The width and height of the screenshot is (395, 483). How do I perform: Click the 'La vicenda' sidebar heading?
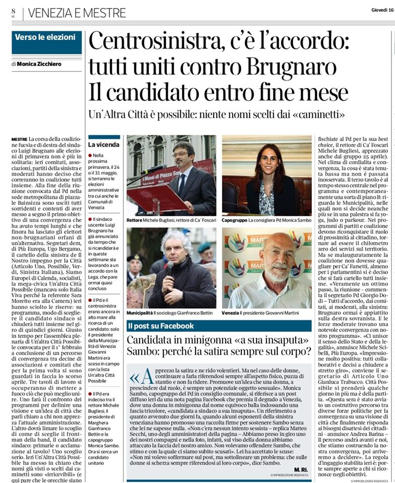[x=102, y=145]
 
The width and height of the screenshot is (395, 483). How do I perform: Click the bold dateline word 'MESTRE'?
[x=19, y=139]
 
